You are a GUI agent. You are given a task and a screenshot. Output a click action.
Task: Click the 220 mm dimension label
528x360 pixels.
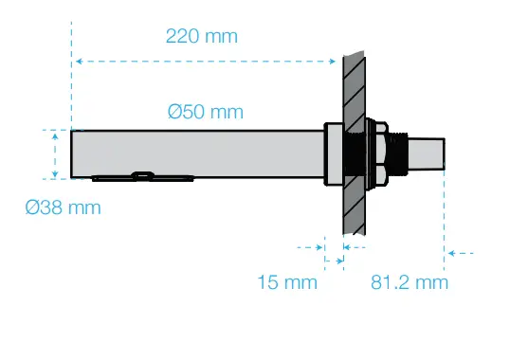202,36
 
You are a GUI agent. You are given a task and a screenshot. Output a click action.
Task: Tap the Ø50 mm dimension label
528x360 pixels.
206,112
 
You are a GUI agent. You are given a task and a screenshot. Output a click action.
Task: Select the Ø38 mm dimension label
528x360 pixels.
63,207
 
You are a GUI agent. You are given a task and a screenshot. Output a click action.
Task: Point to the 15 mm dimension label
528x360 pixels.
287,282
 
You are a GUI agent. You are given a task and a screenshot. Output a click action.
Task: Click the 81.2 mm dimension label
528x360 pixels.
410,282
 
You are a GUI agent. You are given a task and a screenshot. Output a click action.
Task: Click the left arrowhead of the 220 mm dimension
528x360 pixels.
79,62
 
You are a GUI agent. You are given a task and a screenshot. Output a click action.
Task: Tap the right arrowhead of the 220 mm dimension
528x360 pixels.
332,62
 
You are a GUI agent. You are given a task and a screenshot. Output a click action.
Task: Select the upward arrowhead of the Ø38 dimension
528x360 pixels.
55,136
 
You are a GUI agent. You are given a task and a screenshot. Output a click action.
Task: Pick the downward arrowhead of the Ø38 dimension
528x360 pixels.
55,174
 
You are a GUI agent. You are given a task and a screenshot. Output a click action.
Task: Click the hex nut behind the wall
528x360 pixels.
381,153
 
